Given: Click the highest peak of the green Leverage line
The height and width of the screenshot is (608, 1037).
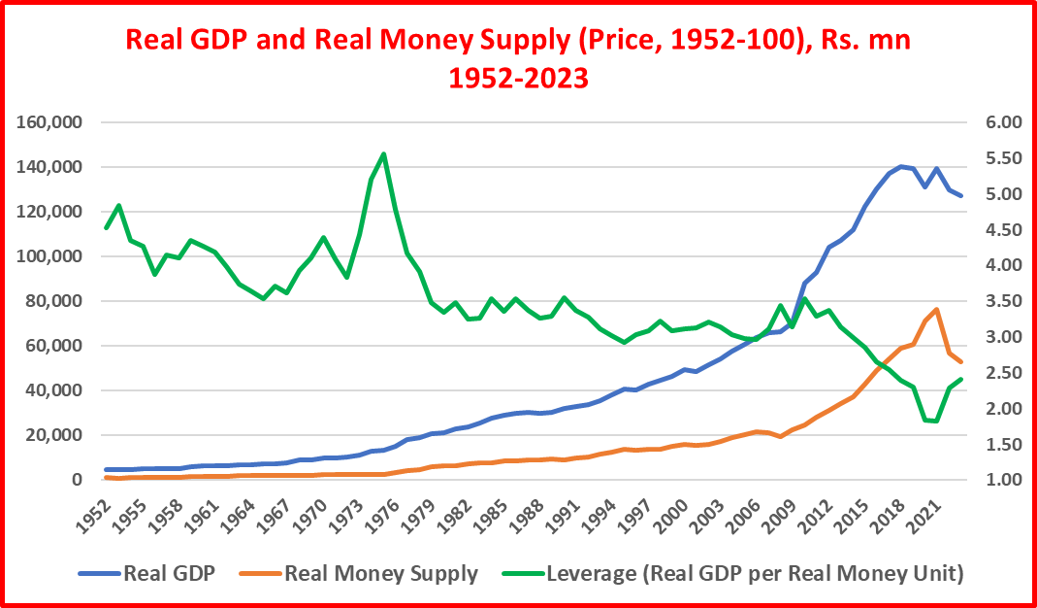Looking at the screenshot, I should pyautogui.click(x=384, y=153).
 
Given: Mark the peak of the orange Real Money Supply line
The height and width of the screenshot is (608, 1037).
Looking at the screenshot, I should pyautogui.click(x=937, y=310).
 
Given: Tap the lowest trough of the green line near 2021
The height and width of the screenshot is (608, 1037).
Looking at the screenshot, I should pyautogui.click(x=937, y=421).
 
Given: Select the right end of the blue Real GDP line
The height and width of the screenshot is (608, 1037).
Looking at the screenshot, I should pyautogui.click(x=960, y=196).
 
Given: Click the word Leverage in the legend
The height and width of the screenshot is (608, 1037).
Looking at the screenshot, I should pyautogui.click(x=584, y=573).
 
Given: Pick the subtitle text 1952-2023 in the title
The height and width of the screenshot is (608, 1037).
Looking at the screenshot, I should pyautogui.click(x=518, y=78).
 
